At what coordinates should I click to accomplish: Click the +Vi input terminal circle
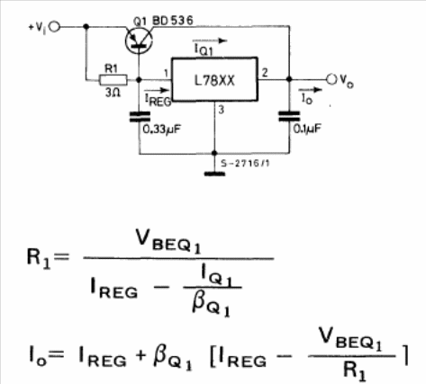point(55,27)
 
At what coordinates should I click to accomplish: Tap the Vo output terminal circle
point(331,79)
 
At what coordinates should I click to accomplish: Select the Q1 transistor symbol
point(139,40)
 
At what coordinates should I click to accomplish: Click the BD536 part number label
point(173,21)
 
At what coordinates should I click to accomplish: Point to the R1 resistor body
point(113,80)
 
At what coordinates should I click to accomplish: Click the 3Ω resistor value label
point(113,93)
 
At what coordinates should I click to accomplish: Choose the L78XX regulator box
point(214,79)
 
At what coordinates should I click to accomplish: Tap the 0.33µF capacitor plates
point(140,117)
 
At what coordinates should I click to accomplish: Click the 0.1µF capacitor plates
point(289,116)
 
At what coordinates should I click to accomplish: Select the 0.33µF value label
point(162,129)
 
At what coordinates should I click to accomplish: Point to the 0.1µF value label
point(307,129)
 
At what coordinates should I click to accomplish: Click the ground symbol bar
point(214,174)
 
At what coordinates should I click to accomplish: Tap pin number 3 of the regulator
point(222,110)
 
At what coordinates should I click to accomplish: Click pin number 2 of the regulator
point(265,73)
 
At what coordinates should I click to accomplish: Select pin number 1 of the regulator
point(166,73)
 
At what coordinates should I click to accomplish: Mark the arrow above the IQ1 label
point(210,40)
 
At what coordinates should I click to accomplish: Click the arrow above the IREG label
point(157,90)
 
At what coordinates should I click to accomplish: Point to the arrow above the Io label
point(310,89)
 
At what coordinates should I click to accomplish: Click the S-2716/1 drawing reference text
point(245,164)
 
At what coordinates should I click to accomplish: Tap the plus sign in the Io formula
point(140,355)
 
